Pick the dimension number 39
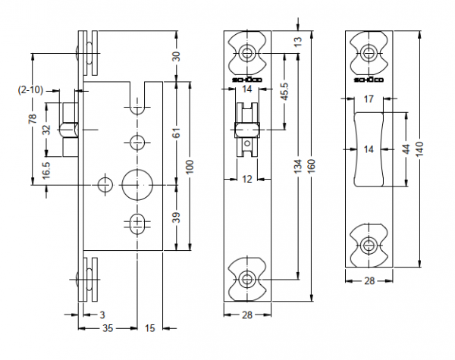[176, 218]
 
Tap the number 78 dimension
[33, 121]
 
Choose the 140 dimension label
[419, 149]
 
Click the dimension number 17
[369, 99]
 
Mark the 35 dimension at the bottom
[108, 327]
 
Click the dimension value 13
[297, 39]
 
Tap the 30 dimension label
[176, 56]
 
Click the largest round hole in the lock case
[137, 182]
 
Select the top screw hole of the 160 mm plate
[247, 53]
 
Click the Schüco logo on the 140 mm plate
[369, 80]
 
